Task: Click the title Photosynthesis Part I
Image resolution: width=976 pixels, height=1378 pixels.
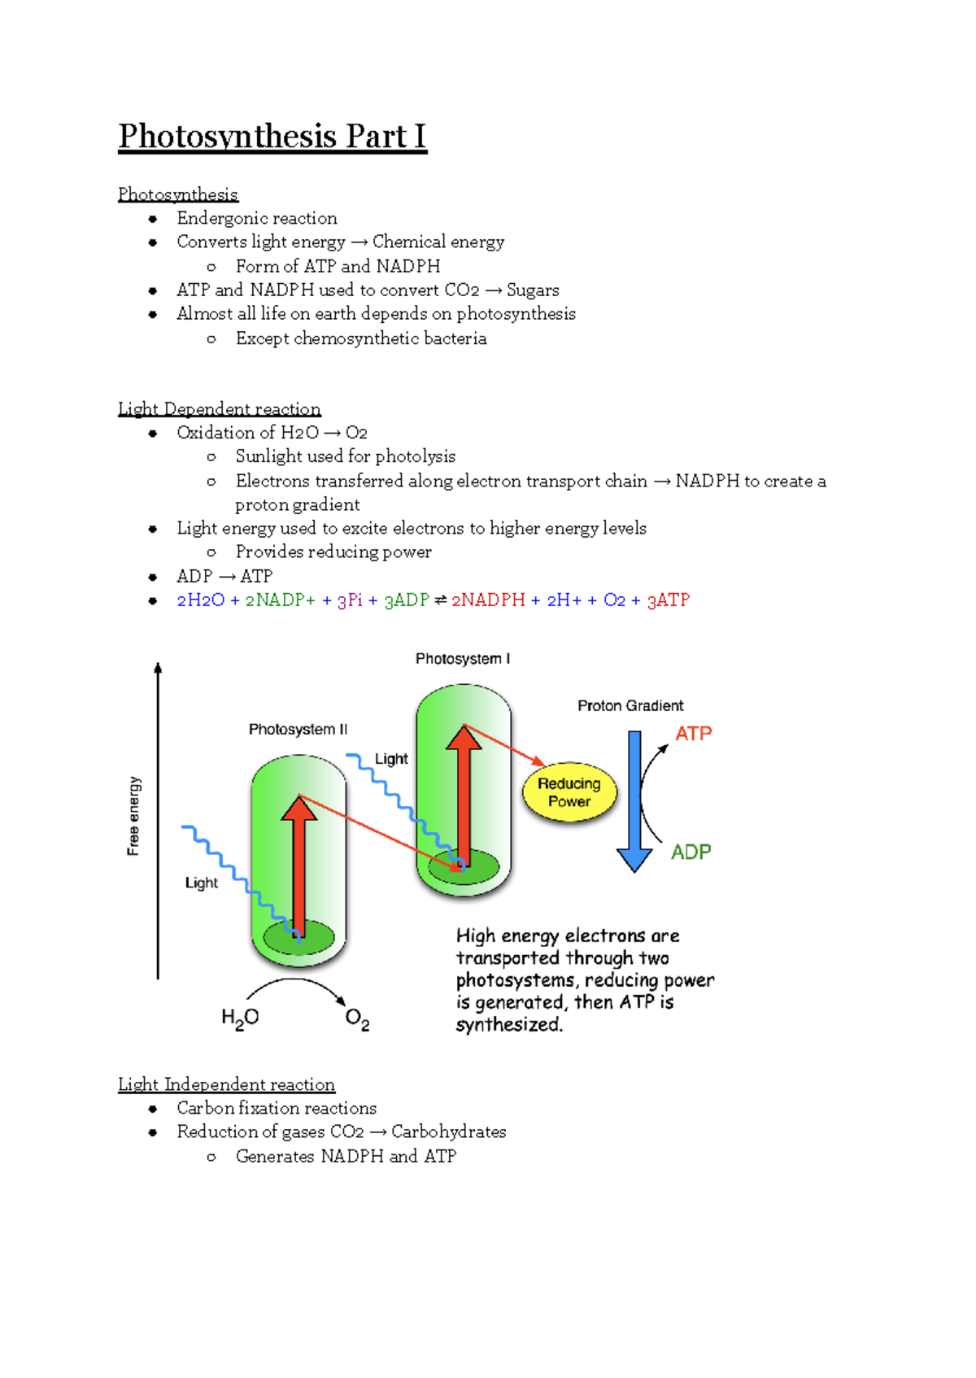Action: pos(272,136)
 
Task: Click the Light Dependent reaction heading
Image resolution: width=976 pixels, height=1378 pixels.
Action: pos(220,408)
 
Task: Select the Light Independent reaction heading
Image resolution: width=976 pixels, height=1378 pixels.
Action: pos(226,1084)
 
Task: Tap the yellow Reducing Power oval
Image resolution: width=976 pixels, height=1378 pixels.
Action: pos(569,792)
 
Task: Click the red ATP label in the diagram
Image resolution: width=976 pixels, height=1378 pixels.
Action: pos(693,734)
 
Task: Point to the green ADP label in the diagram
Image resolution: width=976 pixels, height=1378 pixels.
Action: pos(691,852)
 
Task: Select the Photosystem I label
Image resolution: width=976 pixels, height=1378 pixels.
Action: pos(463,659)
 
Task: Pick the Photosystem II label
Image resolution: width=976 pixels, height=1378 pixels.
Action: pos(298,730)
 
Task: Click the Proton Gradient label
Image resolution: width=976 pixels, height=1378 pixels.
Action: pos(630,706)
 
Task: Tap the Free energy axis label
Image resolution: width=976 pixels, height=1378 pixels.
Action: pos(134,816)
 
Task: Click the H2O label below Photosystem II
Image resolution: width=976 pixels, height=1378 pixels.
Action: pos(240,1018)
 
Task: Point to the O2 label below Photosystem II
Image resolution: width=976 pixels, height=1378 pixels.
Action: pos(357,1019)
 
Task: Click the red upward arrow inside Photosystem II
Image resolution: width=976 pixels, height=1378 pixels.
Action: pos(299,862)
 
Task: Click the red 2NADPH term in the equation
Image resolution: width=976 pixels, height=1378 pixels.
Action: pos(488,600)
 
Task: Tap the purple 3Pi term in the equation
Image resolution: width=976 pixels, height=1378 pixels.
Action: pos(350,600)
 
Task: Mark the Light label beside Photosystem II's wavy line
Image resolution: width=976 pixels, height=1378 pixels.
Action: pos(201,883)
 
